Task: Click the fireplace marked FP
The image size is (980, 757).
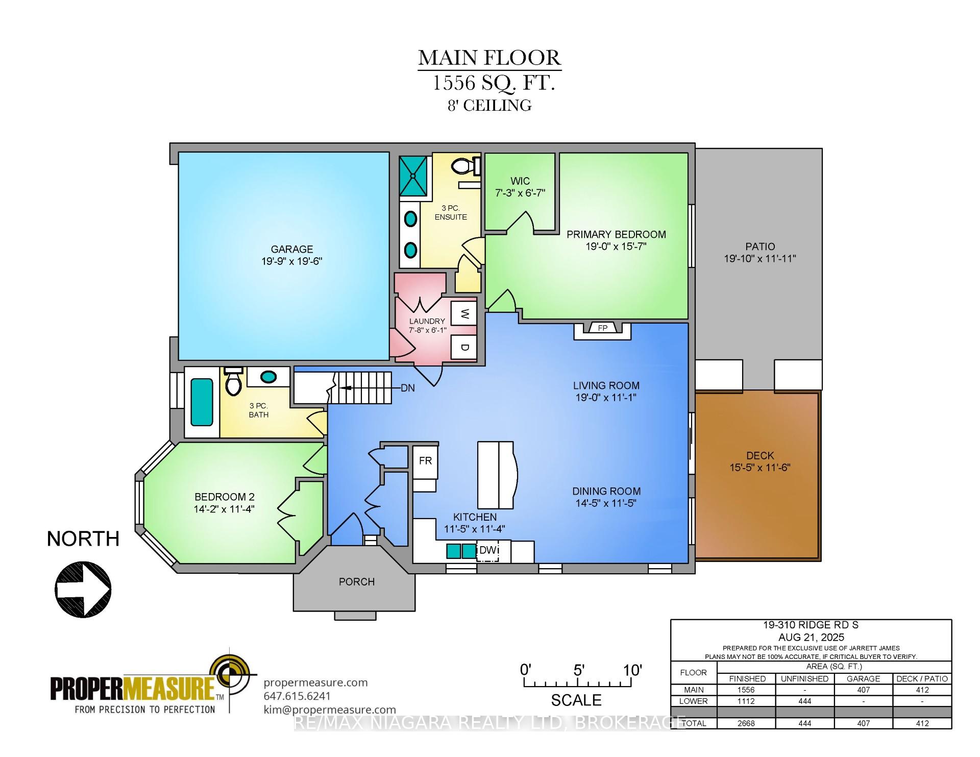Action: point(602,328)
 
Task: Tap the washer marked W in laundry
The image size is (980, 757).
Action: point(464,313)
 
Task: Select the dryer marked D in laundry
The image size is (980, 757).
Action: point(464,347)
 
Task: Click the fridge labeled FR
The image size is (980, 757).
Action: point(425,461)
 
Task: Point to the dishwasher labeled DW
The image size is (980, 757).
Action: point(487,551)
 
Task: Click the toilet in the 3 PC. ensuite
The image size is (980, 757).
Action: point(465,165)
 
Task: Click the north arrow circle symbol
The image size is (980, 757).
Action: point(83,590)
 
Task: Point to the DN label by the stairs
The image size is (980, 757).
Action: point(407,388)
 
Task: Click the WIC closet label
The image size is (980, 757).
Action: point(520,181)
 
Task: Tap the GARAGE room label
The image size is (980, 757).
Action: point(291,249)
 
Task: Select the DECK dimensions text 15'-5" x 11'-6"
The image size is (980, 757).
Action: point(759,467)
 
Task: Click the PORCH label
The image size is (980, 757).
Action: point(356,581)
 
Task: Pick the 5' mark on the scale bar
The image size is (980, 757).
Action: point(578,670)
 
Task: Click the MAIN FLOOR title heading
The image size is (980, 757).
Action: point(489,58)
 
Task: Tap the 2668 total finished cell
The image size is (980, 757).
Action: point(746,723)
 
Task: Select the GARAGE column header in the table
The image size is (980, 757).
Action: point(863,678)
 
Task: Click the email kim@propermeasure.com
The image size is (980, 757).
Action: point(329,710)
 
